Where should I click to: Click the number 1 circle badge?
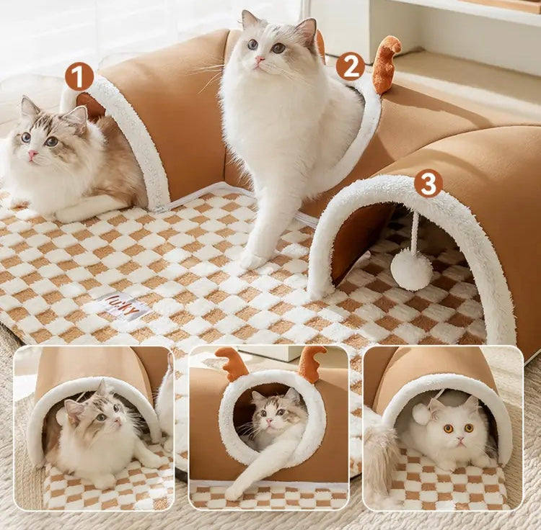coord(79,76)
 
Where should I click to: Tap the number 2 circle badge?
coord(350,66)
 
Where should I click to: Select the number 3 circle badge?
coord(428,183)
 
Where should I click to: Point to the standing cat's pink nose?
coord(258,59)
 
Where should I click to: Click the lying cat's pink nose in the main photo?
coord(32,154)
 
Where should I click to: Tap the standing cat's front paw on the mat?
coord(253,259)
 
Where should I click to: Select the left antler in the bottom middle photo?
coord(232,363)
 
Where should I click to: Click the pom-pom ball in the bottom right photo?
coord(421,413)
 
